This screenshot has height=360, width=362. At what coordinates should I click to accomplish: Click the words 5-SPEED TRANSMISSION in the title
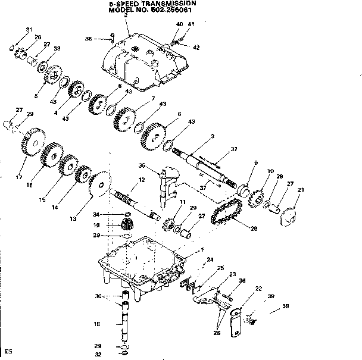pyautogui.click(x=148, y=4)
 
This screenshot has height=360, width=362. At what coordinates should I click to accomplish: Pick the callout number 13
pyautogui.click(x=73, y=219)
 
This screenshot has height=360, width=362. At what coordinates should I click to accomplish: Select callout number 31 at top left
pyautogui.click(x=28, y=30)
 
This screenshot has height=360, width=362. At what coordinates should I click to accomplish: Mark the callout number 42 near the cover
pyautogui.click(x=196, y=47)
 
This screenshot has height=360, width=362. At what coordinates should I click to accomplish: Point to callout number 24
pyautogui.click(x=210, y=260)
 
